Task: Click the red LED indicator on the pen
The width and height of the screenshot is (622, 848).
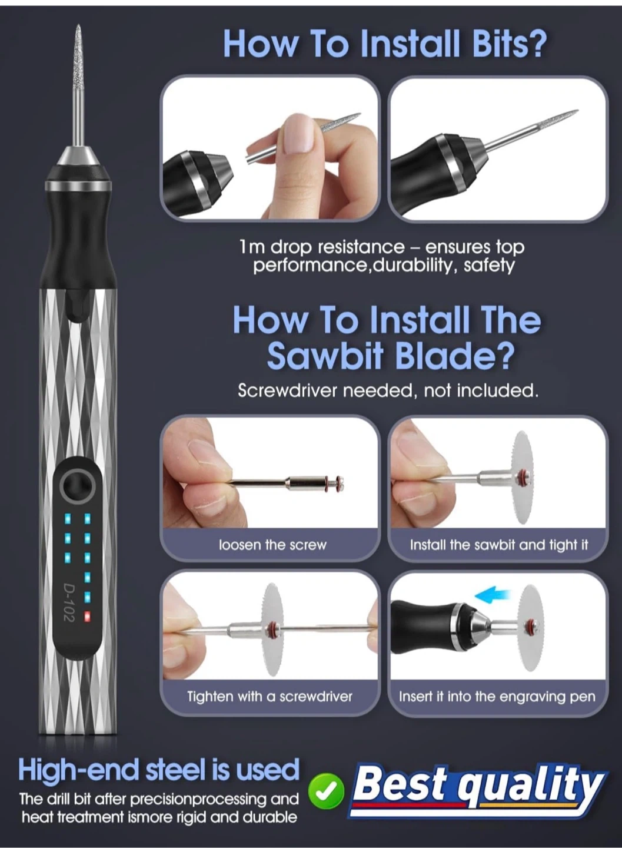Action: click(x=88, y=617)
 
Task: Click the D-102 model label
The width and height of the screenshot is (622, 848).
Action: click(x=68, y=602)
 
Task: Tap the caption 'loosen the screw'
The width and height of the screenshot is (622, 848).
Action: click(x=272, y=545)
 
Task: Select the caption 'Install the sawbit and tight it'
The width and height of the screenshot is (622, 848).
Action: click(x=499, y=545)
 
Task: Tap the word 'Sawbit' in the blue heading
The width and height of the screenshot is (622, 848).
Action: click(x=324, y=357)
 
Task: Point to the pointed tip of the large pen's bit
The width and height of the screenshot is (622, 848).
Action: click(x=78, y=25)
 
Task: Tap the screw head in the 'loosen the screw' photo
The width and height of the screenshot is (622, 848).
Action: click(x=340, y=484)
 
